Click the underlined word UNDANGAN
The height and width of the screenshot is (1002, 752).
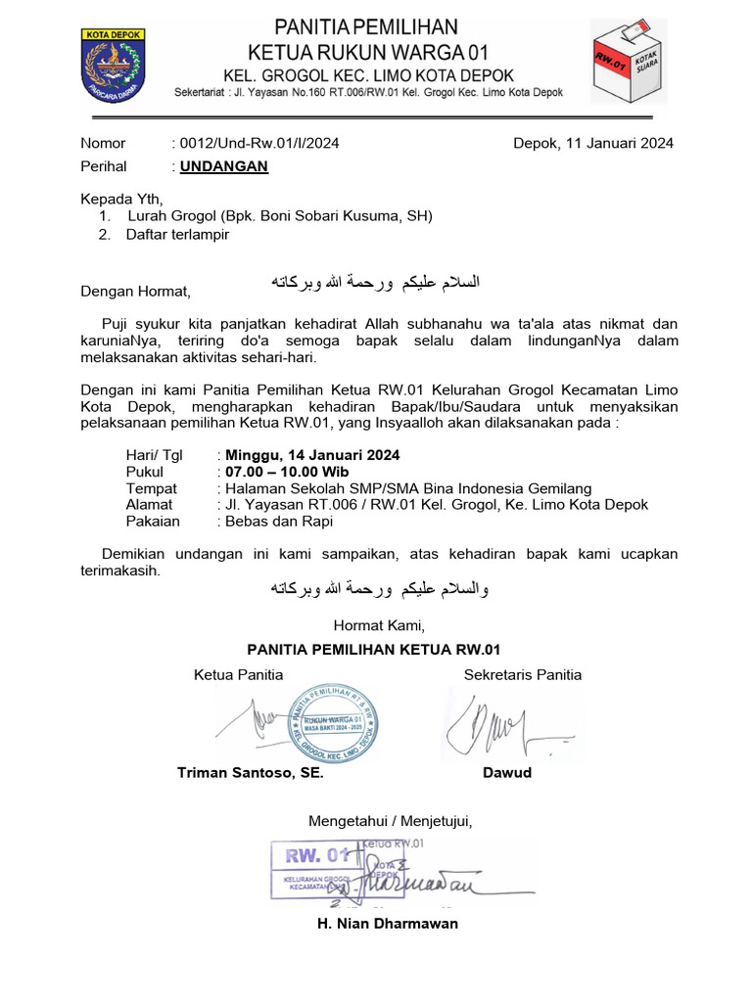point(224,166)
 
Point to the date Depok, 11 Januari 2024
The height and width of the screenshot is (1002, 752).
point(593,143)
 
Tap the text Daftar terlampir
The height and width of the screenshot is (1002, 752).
point(177,235)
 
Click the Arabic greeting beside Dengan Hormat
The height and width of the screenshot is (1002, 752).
point(375,283)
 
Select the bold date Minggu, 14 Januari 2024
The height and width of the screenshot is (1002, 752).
point(312,455)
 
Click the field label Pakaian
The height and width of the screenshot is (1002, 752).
point(152,522)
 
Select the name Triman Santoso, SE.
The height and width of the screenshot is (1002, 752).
point(250,773)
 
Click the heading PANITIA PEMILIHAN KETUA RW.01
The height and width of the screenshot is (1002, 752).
point(374,649)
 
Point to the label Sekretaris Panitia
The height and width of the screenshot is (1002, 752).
point(522,674)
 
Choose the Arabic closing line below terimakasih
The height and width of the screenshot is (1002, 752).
point(378,590)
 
